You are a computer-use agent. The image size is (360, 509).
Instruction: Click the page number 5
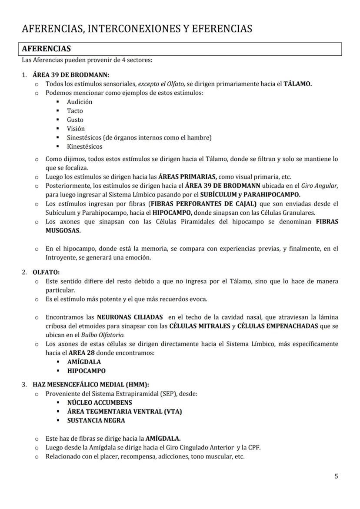[x=336, y=476]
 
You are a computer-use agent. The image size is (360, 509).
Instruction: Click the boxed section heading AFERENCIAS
[x=47, y=49]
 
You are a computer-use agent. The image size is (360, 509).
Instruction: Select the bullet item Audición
[x=80, y=102]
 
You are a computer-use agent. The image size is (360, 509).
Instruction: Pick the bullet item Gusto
[x=75, y=120]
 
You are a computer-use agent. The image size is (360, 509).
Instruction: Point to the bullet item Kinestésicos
[x=85, y=146]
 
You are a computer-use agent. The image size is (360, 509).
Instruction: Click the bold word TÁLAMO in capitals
[x=297, y=84]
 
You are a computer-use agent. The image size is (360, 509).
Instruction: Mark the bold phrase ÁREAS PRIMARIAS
[x=187, y=176]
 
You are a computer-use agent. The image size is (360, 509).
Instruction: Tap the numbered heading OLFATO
[x=46, y=272]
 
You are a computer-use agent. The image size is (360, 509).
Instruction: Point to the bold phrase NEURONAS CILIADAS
[x=130, y=317]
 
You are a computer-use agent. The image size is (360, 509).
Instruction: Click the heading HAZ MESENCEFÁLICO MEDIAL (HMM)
[x=91, y=385]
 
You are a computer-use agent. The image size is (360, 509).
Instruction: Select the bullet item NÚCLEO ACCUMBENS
[x=100, y=403]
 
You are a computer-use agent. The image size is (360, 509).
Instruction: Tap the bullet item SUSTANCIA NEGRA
[x=96, y=420]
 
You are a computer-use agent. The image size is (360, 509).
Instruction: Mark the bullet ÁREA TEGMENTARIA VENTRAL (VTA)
[x=124, y=411]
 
